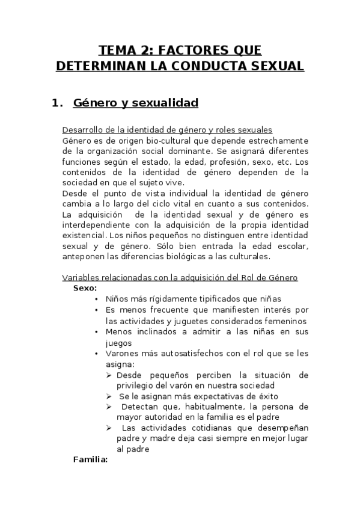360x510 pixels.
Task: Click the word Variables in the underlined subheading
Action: click(80, 278)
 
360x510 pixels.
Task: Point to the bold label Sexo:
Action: click(85, 288)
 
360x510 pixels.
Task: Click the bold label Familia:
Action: click(90, 460)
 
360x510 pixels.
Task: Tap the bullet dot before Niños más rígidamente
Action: click(97, 299)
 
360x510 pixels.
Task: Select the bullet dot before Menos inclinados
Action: click(97, 331)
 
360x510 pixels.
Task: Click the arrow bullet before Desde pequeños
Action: click(109, 374)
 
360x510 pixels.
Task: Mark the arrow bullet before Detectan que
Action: click(109, 407)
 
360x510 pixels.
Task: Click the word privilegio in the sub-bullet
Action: click(138, 385)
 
